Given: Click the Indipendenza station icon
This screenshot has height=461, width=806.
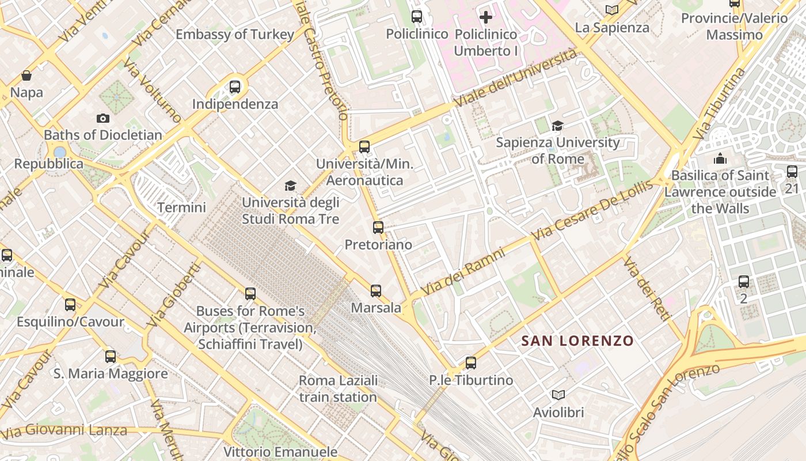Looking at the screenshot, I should click(x=235, y=87).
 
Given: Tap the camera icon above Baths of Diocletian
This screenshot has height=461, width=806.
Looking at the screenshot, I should click(x=103, y=118).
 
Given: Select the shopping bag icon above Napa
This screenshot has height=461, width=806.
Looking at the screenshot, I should click(x=26, y=75).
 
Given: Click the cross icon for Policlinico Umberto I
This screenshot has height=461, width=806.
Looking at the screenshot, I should click(x=486, y=17).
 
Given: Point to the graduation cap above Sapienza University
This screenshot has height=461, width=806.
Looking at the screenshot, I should click(x=557, y=126).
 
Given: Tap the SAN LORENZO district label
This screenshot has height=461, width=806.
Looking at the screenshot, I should click(x=577, y=341).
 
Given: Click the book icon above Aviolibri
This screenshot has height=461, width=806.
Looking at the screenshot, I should click(x=558, y=395).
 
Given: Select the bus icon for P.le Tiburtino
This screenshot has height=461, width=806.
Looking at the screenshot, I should click(x=471, y=362).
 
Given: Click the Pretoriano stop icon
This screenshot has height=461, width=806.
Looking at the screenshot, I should click(x=378, y=227).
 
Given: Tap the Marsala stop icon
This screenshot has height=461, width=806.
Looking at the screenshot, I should click(x=376, y=290).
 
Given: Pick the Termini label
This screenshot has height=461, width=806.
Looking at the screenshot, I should click(x=181, y=207).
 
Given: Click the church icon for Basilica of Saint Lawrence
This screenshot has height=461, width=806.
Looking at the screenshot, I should click(x=720, y=158).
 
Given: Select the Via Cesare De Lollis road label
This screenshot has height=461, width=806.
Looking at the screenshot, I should click(x=592, y=210).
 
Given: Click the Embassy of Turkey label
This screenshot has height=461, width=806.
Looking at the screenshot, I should click(x=234, y=35).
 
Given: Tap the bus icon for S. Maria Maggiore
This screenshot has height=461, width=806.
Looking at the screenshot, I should click(x=111, y=356).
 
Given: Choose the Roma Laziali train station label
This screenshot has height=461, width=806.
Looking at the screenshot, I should click(x=338, y=388).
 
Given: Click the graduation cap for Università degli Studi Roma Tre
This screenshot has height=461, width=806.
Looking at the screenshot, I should click(x=290, y=186).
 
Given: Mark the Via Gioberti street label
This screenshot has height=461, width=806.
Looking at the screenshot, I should click(x=173, y=295).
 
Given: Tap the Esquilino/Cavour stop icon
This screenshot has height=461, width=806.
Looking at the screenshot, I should click(x=70, y=304).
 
